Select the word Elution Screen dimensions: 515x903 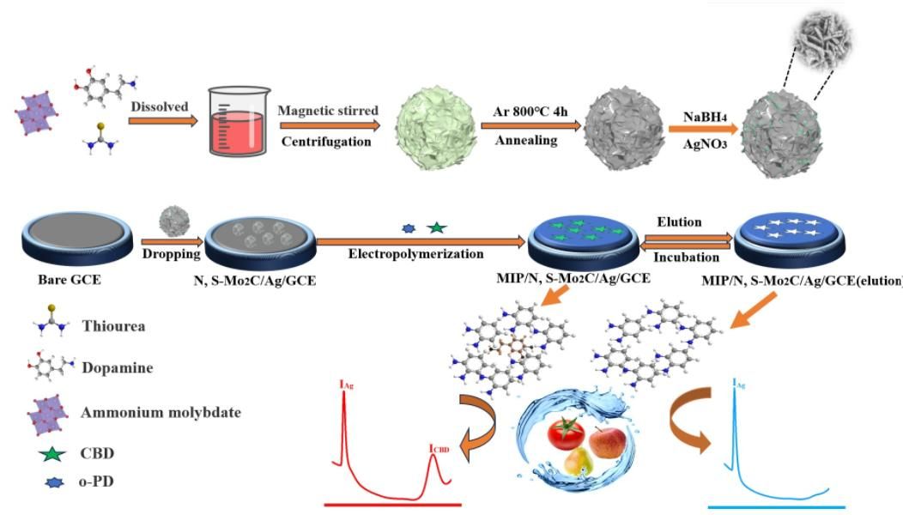[x=678, y=221]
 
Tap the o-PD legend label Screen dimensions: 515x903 [x=97, y=482]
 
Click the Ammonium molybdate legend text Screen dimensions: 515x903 [x=161, y=412]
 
